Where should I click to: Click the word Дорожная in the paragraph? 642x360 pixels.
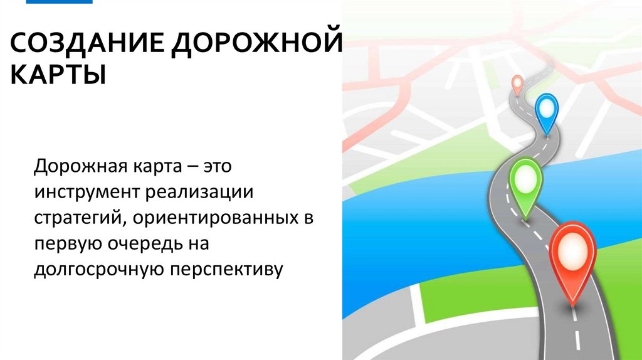[x=80, y=167]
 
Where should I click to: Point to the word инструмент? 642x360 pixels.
[x=88, y=193]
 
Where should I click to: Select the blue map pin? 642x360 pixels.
[x=547, y=113]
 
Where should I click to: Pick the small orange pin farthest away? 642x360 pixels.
[x=517, y=83]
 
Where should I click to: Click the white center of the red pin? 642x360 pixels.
[x=572, y=251]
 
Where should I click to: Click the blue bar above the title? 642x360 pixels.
[x=60, y=2]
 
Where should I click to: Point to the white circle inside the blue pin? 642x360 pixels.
[x=547, y=109]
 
